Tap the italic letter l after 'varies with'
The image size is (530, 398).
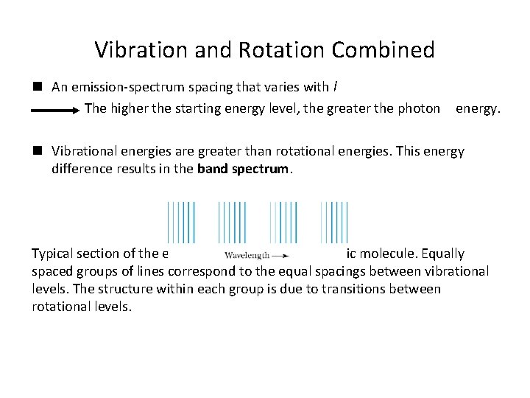point(335,87)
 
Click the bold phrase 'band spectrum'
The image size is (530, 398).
point(245,168)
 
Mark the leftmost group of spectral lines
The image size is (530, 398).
point(181,222)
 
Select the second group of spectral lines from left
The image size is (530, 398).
point(232,222)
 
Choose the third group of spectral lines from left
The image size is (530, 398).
point(283,222)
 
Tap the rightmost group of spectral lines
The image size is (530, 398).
point(334,222)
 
